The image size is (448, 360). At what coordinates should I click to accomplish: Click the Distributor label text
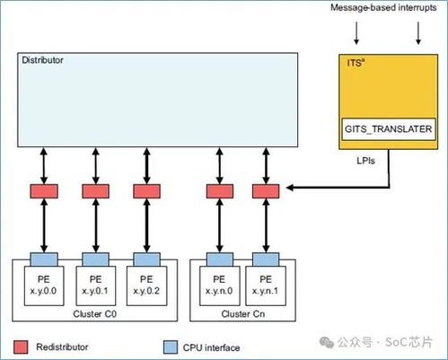[x=42, y=60]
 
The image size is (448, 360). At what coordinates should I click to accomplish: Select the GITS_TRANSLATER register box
[x=388, y=129]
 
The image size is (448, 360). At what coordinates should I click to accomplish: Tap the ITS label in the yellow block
[x=356, y=63]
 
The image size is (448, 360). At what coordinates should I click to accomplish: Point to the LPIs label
[x=365, y=161]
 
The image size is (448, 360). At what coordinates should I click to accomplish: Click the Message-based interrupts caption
[x=383, y=8]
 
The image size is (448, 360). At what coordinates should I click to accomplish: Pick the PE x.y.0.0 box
[x=44, y=285]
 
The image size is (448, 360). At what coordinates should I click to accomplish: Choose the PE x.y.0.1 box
[x=95, y=285]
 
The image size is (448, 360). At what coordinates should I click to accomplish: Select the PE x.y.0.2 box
[x=146, y=285]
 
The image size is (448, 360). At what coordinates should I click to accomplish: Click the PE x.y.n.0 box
[x=219, y=285]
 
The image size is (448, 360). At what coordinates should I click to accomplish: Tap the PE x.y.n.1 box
[x=266, y=285]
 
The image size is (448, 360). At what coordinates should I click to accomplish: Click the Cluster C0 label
[x=94, y=314]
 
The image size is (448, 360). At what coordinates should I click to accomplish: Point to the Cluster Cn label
[x=243, y=314]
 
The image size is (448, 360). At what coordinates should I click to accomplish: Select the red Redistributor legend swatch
[x=21, y=347]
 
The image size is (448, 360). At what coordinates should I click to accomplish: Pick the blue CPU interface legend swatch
[x=171, y=347]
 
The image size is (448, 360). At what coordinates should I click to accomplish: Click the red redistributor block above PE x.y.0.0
[x=44, y=191]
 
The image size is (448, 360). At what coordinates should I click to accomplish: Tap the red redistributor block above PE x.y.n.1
[x=266, y=191]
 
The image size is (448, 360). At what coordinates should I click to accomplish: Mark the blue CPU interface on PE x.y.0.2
[x=146, y=259]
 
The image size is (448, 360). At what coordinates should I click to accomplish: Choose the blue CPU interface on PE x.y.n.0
[x=220, y=259]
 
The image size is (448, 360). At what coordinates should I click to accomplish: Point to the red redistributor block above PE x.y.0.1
[x=95, y=191]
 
